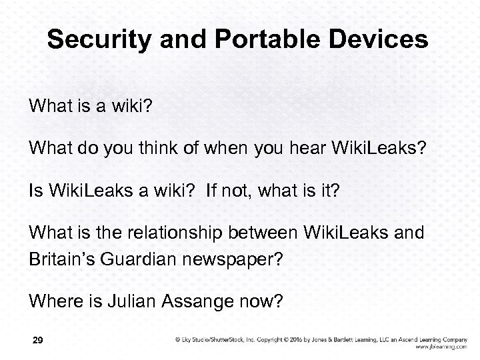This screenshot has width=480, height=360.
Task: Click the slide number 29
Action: [37, 341]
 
